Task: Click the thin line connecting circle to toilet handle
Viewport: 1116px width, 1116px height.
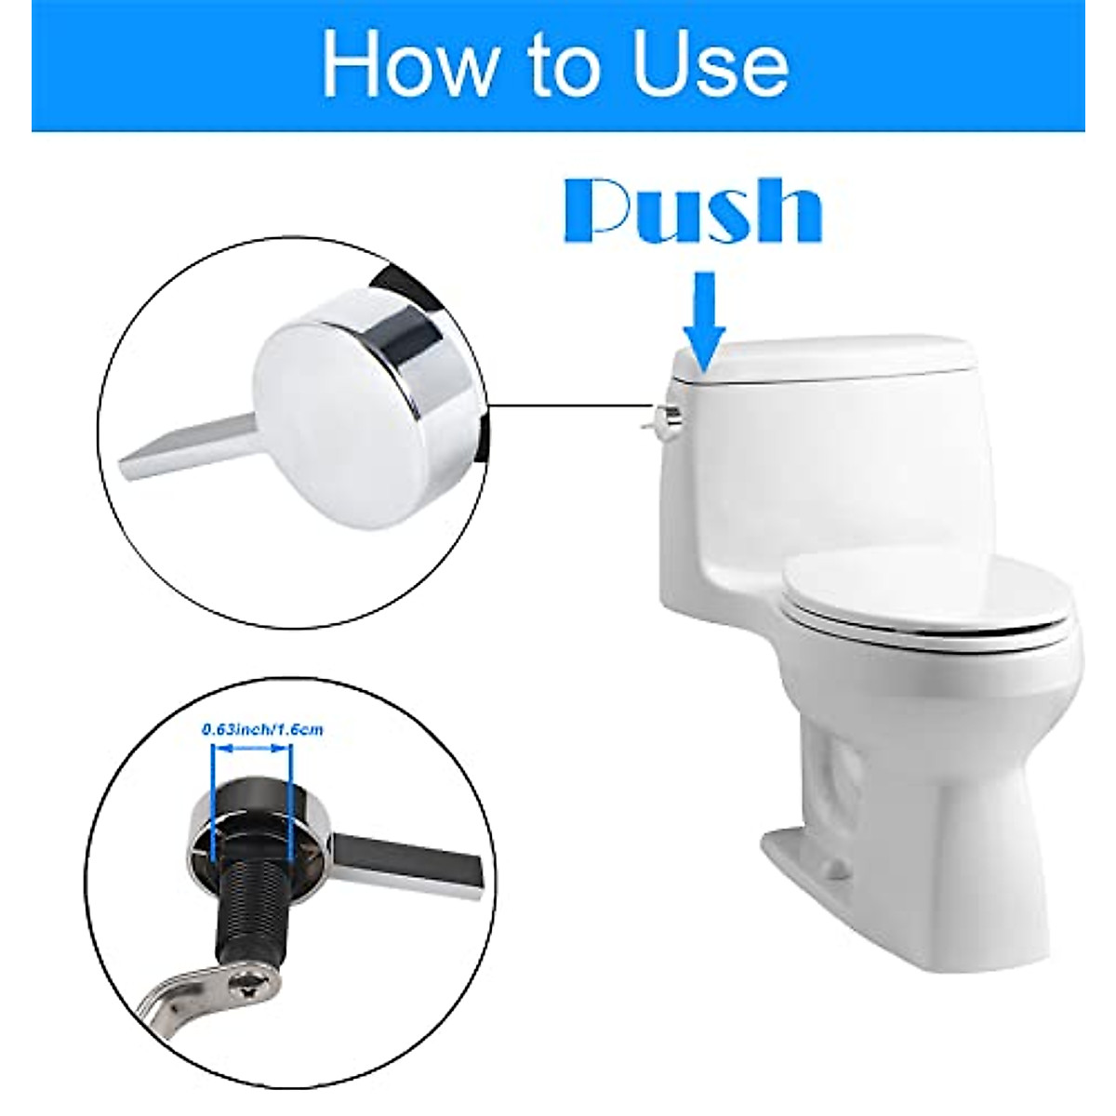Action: coord(567,405)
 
